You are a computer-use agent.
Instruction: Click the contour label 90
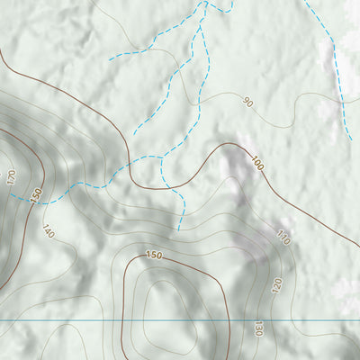tap(247, 103)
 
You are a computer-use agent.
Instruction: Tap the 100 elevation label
tap(258, 165)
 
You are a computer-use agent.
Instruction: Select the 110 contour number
tap(283, 238)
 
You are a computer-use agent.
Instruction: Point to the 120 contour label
tap(276, 286)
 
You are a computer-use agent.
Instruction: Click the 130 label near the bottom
tap(258, 328)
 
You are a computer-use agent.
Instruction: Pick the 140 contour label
tap(48, 232)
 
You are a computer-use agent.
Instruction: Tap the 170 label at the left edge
tap(12, 177)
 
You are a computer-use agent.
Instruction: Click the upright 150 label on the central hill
tap(154, 256)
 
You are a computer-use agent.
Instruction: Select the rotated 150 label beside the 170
tap(36, 194)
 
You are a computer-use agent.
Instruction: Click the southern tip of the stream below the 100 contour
tap(178, 229)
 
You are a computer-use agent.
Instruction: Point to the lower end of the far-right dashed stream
tap(350, 139)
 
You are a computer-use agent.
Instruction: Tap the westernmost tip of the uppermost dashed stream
tap(110, 58)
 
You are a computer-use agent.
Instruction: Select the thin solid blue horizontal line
tap(180, 320)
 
